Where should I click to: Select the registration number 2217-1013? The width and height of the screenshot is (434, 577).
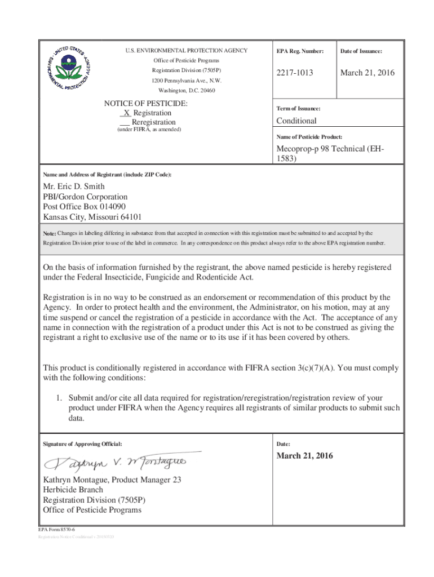[295, 73]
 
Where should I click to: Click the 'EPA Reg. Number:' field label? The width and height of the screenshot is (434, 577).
[300, 51]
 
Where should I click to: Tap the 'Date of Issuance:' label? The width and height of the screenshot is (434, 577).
[361, 51]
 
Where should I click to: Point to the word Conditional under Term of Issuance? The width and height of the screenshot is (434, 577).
[296, 121]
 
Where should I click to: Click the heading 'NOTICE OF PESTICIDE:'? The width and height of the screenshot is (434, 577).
[146, 104]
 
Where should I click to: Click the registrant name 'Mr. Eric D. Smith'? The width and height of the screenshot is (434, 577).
[74, 187]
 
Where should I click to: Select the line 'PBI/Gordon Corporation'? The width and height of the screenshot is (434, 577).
[85, 197]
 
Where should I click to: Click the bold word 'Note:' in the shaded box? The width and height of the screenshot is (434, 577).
[49, 233]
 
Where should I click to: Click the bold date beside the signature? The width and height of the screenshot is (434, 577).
[304, 456]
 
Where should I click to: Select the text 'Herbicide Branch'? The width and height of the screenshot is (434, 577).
[73, 490]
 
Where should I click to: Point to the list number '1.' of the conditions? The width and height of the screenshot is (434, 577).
[59, 397]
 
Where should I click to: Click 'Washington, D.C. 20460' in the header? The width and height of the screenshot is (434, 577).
[187, 90]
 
